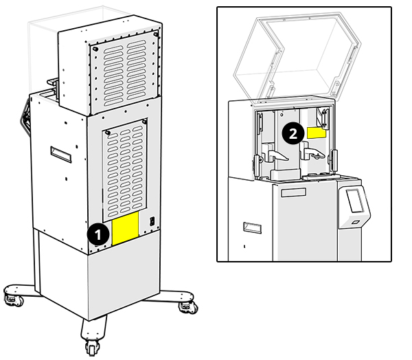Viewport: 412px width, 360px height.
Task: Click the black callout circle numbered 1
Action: pyautogui.click(x=98, y=234)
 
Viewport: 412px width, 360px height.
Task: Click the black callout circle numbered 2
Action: pyautogui.click(x=293, y=133)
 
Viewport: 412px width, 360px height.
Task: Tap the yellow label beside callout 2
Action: pyautogui.click(x=316, y=132)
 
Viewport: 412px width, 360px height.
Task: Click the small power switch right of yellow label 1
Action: pyautogui.click(x=152, y=222)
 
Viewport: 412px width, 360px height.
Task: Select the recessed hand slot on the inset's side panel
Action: pyautogui.click(x=247, y=227)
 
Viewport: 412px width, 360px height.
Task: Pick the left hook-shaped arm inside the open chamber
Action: pyautogui.click(x=278, y=156)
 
